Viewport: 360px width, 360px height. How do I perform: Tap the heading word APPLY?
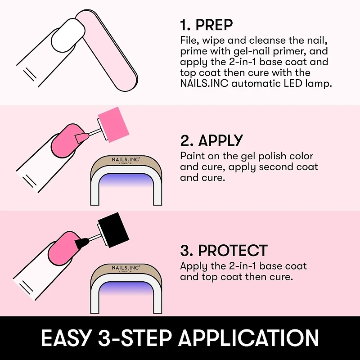[220, 141]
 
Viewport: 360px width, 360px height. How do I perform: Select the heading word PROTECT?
[233, 251]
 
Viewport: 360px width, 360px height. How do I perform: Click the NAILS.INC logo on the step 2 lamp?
[126, 160]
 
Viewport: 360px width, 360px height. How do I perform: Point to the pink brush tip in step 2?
[82, 135]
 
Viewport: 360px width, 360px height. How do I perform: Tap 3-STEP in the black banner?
[135, 338]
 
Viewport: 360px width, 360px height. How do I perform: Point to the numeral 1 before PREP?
[183, 25]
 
